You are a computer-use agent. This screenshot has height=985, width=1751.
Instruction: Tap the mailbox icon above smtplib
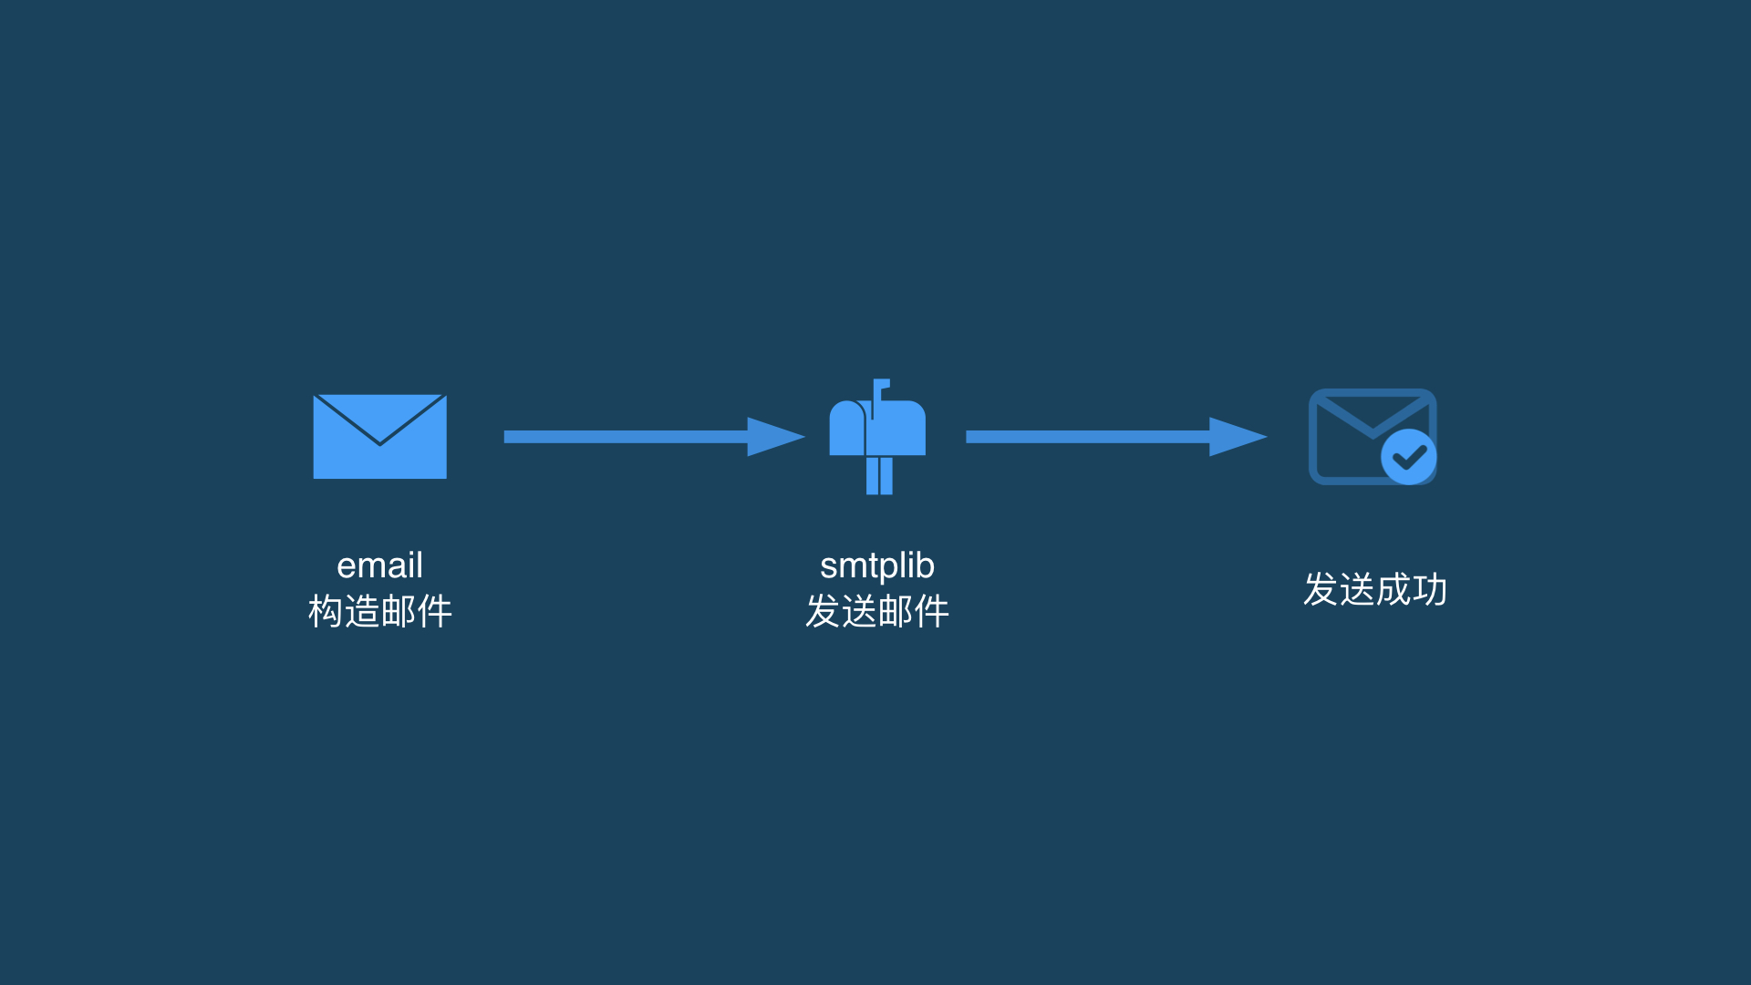coord(877,437)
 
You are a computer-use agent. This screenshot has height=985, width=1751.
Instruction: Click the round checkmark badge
coord(1409,457)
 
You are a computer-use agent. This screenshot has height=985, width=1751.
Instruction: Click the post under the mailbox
coord(879,476)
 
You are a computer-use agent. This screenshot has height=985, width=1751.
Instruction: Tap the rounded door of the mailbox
coord(846,429)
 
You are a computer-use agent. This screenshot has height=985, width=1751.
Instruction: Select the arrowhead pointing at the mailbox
coord(776,437)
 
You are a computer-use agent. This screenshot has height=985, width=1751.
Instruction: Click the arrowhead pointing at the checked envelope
coord(1238,437)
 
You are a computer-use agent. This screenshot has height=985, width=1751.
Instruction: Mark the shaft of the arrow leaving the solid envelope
coord(626,437)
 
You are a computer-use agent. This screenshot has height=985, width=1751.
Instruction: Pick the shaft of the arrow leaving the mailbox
coord(1088,437)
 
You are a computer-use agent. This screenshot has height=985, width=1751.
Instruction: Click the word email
coord(379,565)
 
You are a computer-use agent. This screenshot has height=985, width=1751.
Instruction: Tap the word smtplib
coord(877,566)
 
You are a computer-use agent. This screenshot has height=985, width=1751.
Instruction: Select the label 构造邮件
coord(380,611)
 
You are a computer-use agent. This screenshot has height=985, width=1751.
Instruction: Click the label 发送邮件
coord(877,611)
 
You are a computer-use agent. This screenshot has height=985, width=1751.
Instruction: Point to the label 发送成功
coord(1375,589)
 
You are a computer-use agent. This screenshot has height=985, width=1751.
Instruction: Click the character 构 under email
coord(326,611)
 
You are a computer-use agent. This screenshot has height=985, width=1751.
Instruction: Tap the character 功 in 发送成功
coord(1430,589)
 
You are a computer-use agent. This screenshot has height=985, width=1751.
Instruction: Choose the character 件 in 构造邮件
coord(435,611)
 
